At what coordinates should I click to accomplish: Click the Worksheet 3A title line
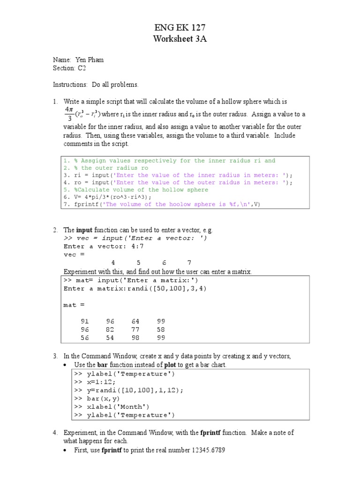point(180,39)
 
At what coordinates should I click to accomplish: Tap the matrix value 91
point(85,321)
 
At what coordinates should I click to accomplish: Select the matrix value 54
point(110,337)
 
